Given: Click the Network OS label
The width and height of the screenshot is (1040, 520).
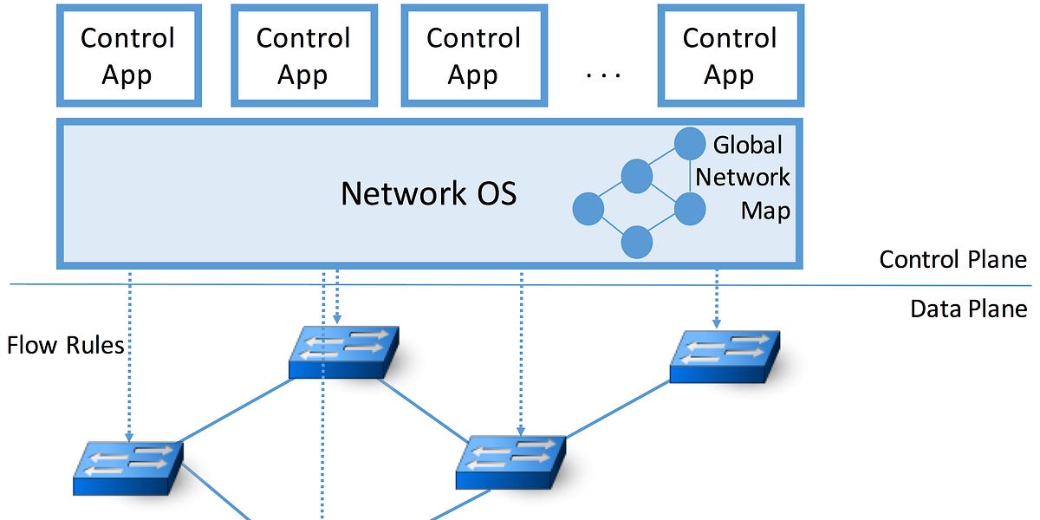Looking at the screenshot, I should [428, 192].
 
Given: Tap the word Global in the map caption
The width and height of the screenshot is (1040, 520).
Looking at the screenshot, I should [747, 145].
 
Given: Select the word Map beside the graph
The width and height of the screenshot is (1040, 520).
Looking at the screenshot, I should [765, 211].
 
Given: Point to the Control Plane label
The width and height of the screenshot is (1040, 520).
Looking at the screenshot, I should [952, 259].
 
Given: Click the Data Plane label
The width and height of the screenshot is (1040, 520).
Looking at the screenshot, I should [968, 309].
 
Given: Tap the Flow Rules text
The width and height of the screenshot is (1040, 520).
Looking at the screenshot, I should [65, 346].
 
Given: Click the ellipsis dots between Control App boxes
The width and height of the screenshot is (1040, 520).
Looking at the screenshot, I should [603, 76].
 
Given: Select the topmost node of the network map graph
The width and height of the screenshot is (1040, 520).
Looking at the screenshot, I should [691, 143].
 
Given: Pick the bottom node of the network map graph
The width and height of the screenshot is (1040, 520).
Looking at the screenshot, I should [637, 242].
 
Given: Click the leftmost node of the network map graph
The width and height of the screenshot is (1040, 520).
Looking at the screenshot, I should [588, 209].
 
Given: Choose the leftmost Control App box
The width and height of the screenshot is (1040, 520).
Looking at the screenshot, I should [127, 55].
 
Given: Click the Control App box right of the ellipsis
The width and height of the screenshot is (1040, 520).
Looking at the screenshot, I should [728, 55].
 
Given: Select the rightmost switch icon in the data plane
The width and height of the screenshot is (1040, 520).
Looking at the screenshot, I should [724, 355].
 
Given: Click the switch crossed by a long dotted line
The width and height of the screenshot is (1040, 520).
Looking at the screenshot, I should [344, 351].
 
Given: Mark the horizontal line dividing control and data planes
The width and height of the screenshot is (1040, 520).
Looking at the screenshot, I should [520, 284].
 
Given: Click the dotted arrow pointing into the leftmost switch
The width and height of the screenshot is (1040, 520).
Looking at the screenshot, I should [129, 355].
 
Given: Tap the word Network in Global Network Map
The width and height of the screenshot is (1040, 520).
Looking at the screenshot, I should [743, 178].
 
